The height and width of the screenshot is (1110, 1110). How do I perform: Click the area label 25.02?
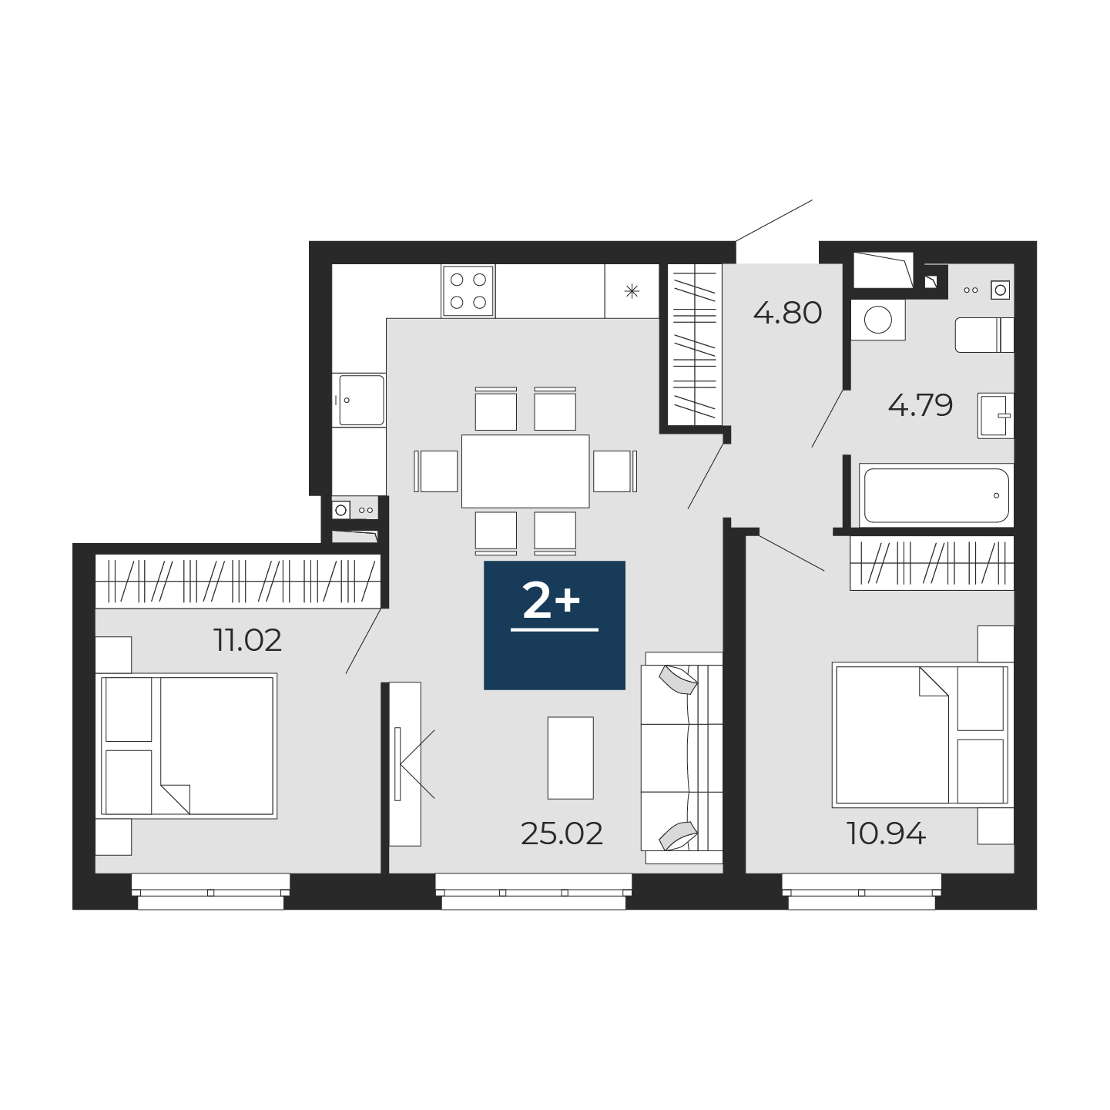click(x=562, y=834)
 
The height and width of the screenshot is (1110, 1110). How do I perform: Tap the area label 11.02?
click(x=248, y=641)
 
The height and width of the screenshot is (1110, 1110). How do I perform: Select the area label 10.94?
click(x=886, y=833)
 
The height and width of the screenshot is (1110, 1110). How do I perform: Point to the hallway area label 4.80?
click(x=787, y=314)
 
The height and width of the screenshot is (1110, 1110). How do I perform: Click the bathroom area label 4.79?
click(x=921, y=405)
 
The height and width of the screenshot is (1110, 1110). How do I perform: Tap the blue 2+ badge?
click(x=554, y=625)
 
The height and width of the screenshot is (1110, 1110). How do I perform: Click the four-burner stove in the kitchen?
click(x=468, y=291)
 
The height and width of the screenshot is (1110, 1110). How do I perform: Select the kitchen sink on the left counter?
click(x=361, y=401)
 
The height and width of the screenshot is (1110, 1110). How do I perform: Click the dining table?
click(x=525, y=471)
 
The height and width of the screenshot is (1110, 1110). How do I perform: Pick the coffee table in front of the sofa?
click(x=570, y=758)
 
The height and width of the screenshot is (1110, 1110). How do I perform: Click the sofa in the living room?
click(x=682, y=759)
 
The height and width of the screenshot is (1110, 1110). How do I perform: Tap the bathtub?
click(x=937, y=495)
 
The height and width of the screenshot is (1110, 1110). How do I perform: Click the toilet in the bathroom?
click(x=984, y=334)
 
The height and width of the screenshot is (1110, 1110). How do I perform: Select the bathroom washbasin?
click(x=995, y=416)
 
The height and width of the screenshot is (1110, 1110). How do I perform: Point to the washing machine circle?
click(x=878, y=320)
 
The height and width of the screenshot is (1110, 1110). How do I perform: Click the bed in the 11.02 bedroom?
click(x=189, y=746)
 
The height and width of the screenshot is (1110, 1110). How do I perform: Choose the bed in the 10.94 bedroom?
click(x=920, y=735)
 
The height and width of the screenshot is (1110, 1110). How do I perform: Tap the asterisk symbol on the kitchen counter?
click(x=632, y=291)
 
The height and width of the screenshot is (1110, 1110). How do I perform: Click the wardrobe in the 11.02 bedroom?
click(x=237, y=581)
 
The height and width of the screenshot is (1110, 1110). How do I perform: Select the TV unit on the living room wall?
click(x=405, y=764)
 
